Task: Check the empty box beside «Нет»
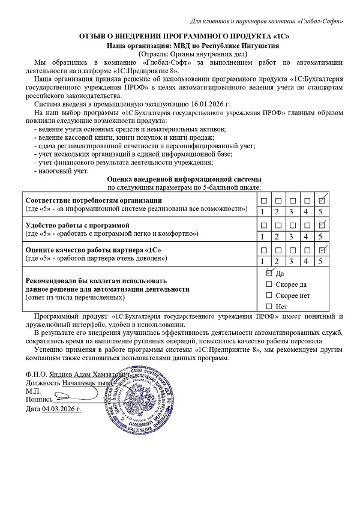269,307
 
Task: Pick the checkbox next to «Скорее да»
269,284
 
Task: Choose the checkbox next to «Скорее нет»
269,295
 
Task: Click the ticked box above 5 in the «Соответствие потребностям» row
322,200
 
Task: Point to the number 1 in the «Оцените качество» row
262,261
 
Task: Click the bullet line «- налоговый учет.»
61,170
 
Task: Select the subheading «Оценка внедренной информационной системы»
184,179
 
